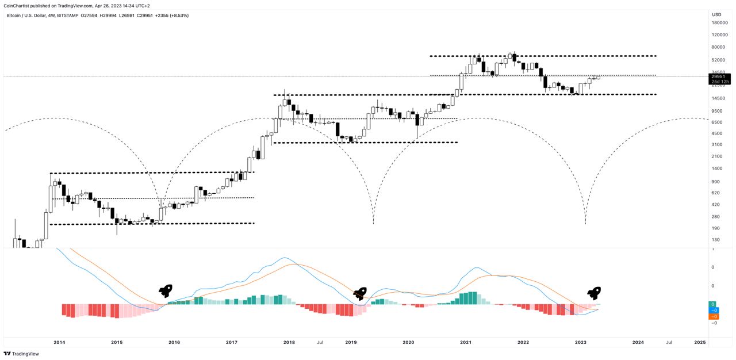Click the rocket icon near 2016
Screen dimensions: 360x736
pos(166,291)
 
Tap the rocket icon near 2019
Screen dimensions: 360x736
pos(360,294)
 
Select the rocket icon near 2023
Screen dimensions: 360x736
pos(594,293)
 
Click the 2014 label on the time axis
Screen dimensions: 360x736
pos(59,342)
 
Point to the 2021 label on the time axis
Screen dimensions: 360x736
pos(466,342)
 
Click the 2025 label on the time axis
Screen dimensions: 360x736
pos(699,342)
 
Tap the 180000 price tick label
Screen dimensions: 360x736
pos(720,23)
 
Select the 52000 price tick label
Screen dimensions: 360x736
pos(718,60)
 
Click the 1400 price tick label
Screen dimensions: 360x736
pos(716,168)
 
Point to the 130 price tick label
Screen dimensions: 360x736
pos(715,240)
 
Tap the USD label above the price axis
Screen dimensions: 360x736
pos(716,14)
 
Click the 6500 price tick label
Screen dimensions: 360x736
pos(716,122)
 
